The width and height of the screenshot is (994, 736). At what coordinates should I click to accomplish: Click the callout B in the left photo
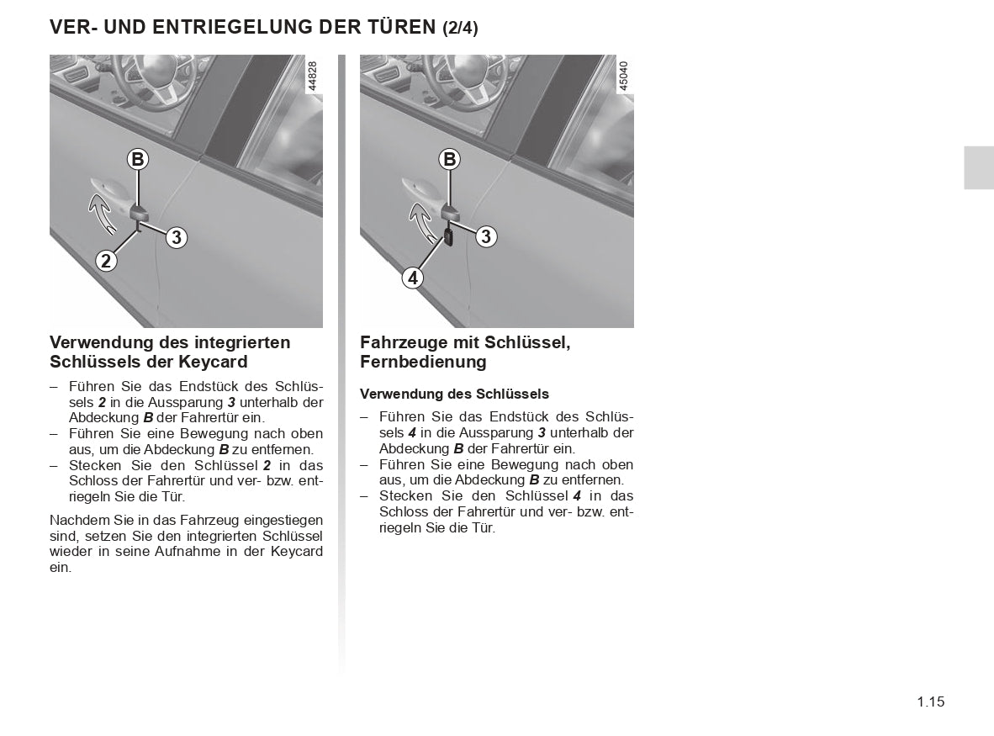click(x=137, y=159)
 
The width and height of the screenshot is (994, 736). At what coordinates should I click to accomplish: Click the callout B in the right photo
click(x=449, y=159)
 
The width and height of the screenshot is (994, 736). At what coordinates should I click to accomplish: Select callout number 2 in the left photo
click(x=105, y=261)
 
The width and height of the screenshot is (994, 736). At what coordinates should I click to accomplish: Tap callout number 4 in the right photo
click(x=412, y=277)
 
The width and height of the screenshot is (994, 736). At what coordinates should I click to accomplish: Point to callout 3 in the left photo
click(x=176, y=238)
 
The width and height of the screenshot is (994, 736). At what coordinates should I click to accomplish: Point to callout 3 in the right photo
click(x=485, y=237)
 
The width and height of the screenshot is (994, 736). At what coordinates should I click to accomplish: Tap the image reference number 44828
click(x=313, y=75)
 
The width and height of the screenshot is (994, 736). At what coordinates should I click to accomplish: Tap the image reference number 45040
click(x=623, y=75)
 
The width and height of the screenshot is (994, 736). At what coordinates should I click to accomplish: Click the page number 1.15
click(x=931, y=702)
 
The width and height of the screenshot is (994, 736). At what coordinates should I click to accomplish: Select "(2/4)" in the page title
click(x=460, y=28)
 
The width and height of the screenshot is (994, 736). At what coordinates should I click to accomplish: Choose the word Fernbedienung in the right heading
click(x=423, y=362)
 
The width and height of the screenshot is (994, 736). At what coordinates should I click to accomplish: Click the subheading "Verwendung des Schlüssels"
click(x=454, y=394)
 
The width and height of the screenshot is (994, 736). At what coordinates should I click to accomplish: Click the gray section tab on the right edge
click(x=979, y=167)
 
